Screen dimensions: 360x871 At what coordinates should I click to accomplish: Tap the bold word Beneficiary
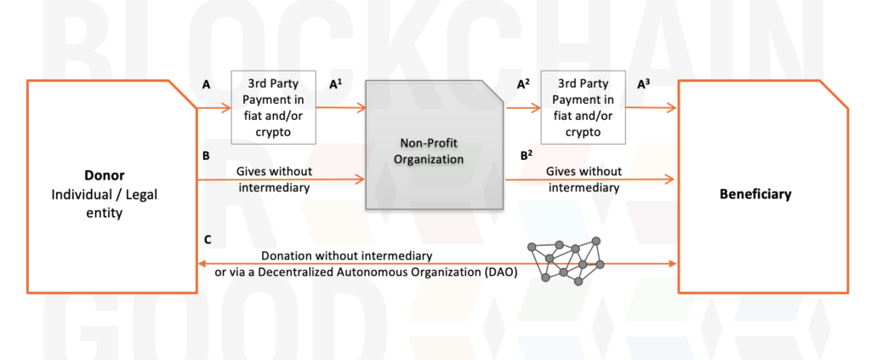point(754,194)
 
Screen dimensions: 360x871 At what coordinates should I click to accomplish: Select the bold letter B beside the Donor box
point(207,157)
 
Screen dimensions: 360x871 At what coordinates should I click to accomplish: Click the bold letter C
point(207,240)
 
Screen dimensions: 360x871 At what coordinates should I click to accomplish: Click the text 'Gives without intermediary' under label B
point(273,180)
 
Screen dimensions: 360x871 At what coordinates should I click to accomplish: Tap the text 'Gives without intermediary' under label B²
point(583,180)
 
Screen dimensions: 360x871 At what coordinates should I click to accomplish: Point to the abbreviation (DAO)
point(496,271)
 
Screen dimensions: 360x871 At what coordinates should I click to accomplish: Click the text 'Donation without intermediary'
point(347,255)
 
